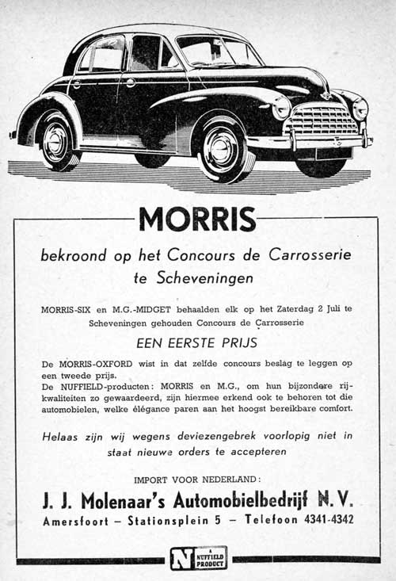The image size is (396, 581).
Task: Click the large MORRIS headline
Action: point(197,219)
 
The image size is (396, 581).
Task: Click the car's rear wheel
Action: point(55,140)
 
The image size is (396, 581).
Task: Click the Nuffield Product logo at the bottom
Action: point(198,558)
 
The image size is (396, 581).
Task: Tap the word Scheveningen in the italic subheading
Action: point(205,278)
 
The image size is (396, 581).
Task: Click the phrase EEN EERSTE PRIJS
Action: point(197,343)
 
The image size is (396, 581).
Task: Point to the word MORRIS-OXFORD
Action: point(95,364)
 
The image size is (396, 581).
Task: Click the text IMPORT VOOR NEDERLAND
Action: point(197,480)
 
